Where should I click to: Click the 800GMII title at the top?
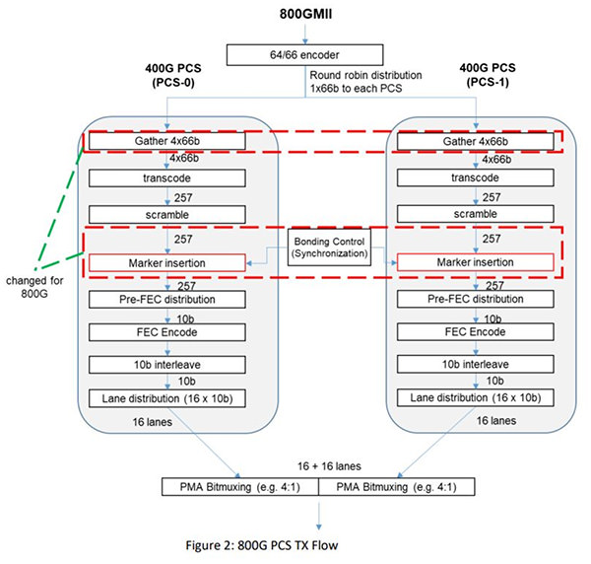(305, 14)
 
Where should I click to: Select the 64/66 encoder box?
(305, 54)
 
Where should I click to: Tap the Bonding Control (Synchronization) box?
(329, 247)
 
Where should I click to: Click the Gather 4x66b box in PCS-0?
(167, 141)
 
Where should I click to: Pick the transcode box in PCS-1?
(476, 177)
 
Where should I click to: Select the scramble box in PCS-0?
(167, 215)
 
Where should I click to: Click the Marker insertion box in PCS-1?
(476, 262)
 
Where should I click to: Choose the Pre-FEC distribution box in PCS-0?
(167, 300)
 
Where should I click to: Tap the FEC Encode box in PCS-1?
(476, 331)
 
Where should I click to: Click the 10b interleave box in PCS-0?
(167, 365)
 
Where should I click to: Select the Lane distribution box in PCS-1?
(476, 397)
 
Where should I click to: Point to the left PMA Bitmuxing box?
(240, 487)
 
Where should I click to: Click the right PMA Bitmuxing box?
(397, 487)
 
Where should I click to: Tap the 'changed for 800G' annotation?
(34, 287)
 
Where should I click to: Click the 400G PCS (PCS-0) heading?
(173, 75)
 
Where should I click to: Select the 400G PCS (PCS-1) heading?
(488, 75)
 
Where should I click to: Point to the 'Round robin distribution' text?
(365, 75)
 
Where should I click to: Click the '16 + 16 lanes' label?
(329, 466)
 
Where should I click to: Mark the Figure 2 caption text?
(262, 545)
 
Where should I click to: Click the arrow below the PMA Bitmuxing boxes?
(319, 516)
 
